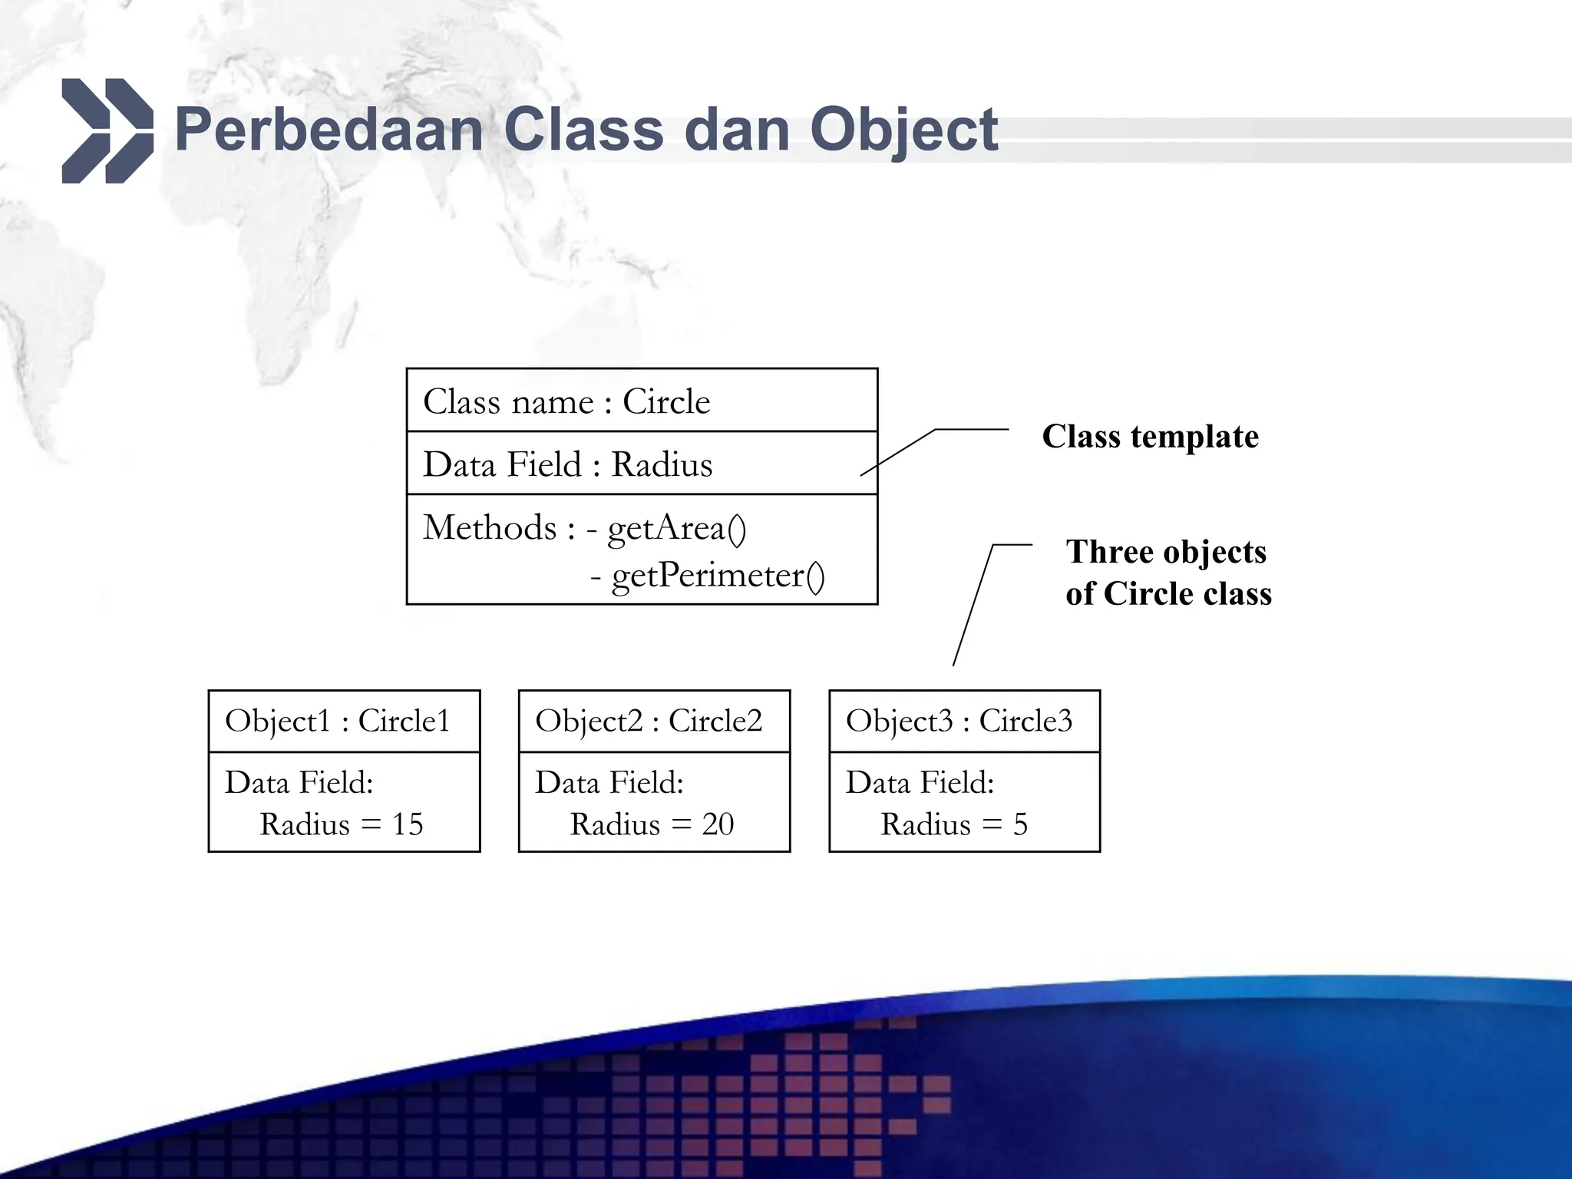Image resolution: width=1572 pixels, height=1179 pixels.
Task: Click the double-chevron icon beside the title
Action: pyautogui.click(x=107, y=130)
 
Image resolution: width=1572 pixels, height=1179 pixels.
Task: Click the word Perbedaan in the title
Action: pyautogui.click(x=329, y=130)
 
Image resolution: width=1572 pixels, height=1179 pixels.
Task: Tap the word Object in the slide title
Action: pyautogui.click(x=903, y=130)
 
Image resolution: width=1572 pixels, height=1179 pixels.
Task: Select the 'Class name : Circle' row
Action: pyautogui.click(x=566, y=401)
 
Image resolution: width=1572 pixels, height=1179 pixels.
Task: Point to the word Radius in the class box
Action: pyautogui.click(x=662, y=465)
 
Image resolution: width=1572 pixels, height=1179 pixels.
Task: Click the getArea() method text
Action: pyautogui.click(x=676, y=529)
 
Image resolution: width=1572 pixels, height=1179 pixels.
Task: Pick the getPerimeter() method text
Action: pyautogui.click(x=718, y=576)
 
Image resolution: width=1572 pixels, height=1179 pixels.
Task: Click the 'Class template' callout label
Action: pyautogui.click(x=1150, y=437)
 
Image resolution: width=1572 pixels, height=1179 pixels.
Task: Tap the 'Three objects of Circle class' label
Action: pyautogui.click(x=1167, y=573)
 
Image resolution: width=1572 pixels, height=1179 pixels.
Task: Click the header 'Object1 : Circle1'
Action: pyautogui.click(x=337, y=721)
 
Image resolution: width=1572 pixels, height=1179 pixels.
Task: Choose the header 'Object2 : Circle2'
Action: pyautogui.click(x=649, y=721)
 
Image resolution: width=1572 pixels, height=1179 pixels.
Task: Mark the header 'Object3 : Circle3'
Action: pyautogui.click(x=959, y=721)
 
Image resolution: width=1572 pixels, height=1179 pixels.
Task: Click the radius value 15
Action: pyautogui.click(x=408, y=825)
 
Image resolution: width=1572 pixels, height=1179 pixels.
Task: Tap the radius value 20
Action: pyautogui.click(x=718, y=825)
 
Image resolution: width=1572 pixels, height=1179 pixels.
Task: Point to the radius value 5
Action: pyautogui.click(x=1020, y=825)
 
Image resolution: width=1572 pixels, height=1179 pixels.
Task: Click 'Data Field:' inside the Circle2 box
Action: pyautogui.click(x=609, y=783)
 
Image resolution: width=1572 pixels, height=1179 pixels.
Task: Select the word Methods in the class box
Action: pyautogui.click(x=490, y=528)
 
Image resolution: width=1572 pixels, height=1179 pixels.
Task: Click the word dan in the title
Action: pyautogui.click(x=736, y=130)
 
